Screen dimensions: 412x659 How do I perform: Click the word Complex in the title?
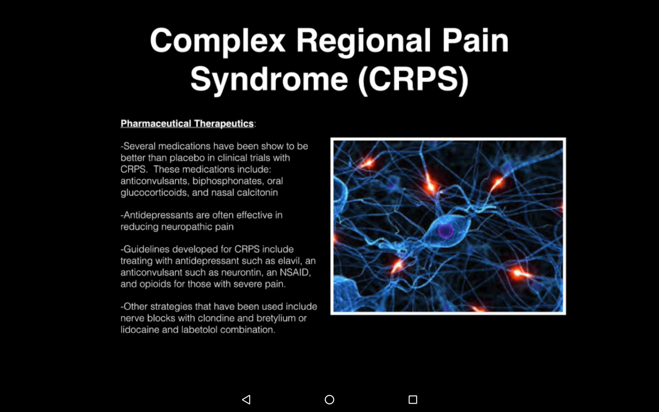click(217, 41)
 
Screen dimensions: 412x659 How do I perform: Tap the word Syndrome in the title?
click(269, 80)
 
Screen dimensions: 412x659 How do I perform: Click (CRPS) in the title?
click(413, 80)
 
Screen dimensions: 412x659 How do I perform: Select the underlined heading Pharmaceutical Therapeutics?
click(187, 123)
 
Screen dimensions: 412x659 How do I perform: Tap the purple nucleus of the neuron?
click(445, 231)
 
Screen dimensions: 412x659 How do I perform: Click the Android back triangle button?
click(246, 399)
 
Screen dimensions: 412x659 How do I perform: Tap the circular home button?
click(329, 399)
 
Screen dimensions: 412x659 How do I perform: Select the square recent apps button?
click(413, 399)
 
